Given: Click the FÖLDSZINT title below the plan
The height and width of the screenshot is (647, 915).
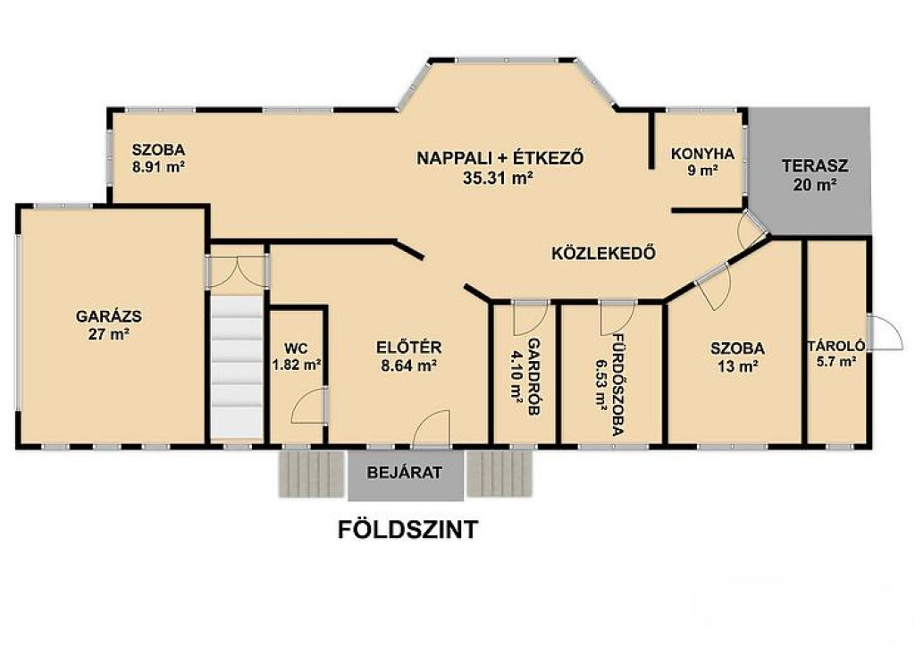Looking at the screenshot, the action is click(407, 529).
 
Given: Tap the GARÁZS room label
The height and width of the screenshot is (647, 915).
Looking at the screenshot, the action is click(109, 316).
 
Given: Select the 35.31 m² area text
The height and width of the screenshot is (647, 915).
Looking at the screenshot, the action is click(498, 178).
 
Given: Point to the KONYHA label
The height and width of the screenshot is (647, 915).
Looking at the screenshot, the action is click(702, 154).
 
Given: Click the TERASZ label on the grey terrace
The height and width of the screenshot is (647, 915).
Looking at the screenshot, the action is click(815, 165).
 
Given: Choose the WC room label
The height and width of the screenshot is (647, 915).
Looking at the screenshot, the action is click(296, 349).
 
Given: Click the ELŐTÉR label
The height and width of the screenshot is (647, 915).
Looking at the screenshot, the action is click(409, 348).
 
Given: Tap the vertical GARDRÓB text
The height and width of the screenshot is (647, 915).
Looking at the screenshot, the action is click(533, 376).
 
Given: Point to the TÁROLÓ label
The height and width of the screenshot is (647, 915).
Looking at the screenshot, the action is click(836, 346).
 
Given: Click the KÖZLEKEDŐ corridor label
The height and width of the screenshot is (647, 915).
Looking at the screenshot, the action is click(603, 253).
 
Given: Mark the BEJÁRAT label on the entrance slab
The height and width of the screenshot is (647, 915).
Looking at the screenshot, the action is click(405, 473).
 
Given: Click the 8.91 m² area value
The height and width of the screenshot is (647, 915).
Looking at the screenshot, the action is click(159, 167).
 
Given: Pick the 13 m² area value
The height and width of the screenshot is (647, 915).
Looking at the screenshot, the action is click(737, 367).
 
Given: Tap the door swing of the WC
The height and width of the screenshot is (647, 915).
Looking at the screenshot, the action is click(307, 404).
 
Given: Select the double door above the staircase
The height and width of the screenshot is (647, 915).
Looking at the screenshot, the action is click(237, 271).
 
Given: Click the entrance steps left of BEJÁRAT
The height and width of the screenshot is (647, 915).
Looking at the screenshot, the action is click(311, 474).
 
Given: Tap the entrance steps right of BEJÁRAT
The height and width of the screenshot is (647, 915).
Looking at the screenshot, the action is click(499, 474).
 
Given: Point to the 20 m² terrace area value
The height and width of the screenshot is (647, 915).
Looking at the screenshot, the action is click(815, 185).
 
